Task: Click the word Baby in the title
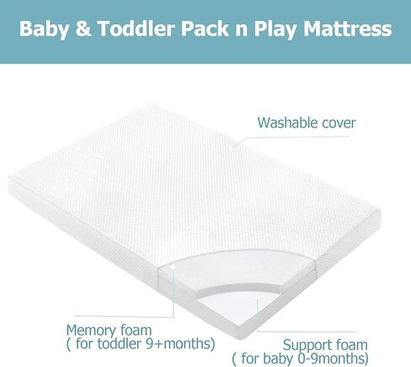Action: (44, 30)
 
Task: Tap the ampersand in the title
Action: (83, 29)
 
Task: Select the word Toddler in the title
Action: (136, 28)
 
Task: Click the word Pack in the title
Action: (205, 29)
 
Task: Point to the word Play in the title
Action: (275, 30)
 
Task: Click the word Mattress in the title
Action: (348, 29)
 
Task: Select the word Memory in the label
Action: (91, 331)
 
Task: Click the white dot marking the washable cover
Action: (231, 148)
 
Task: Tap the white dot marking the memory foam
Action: (173, 267)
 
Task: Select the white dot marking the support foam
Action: (258, 297)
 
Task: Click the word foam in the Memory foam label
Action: (136, 330)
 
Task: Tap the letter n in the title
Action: (242, 30)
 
